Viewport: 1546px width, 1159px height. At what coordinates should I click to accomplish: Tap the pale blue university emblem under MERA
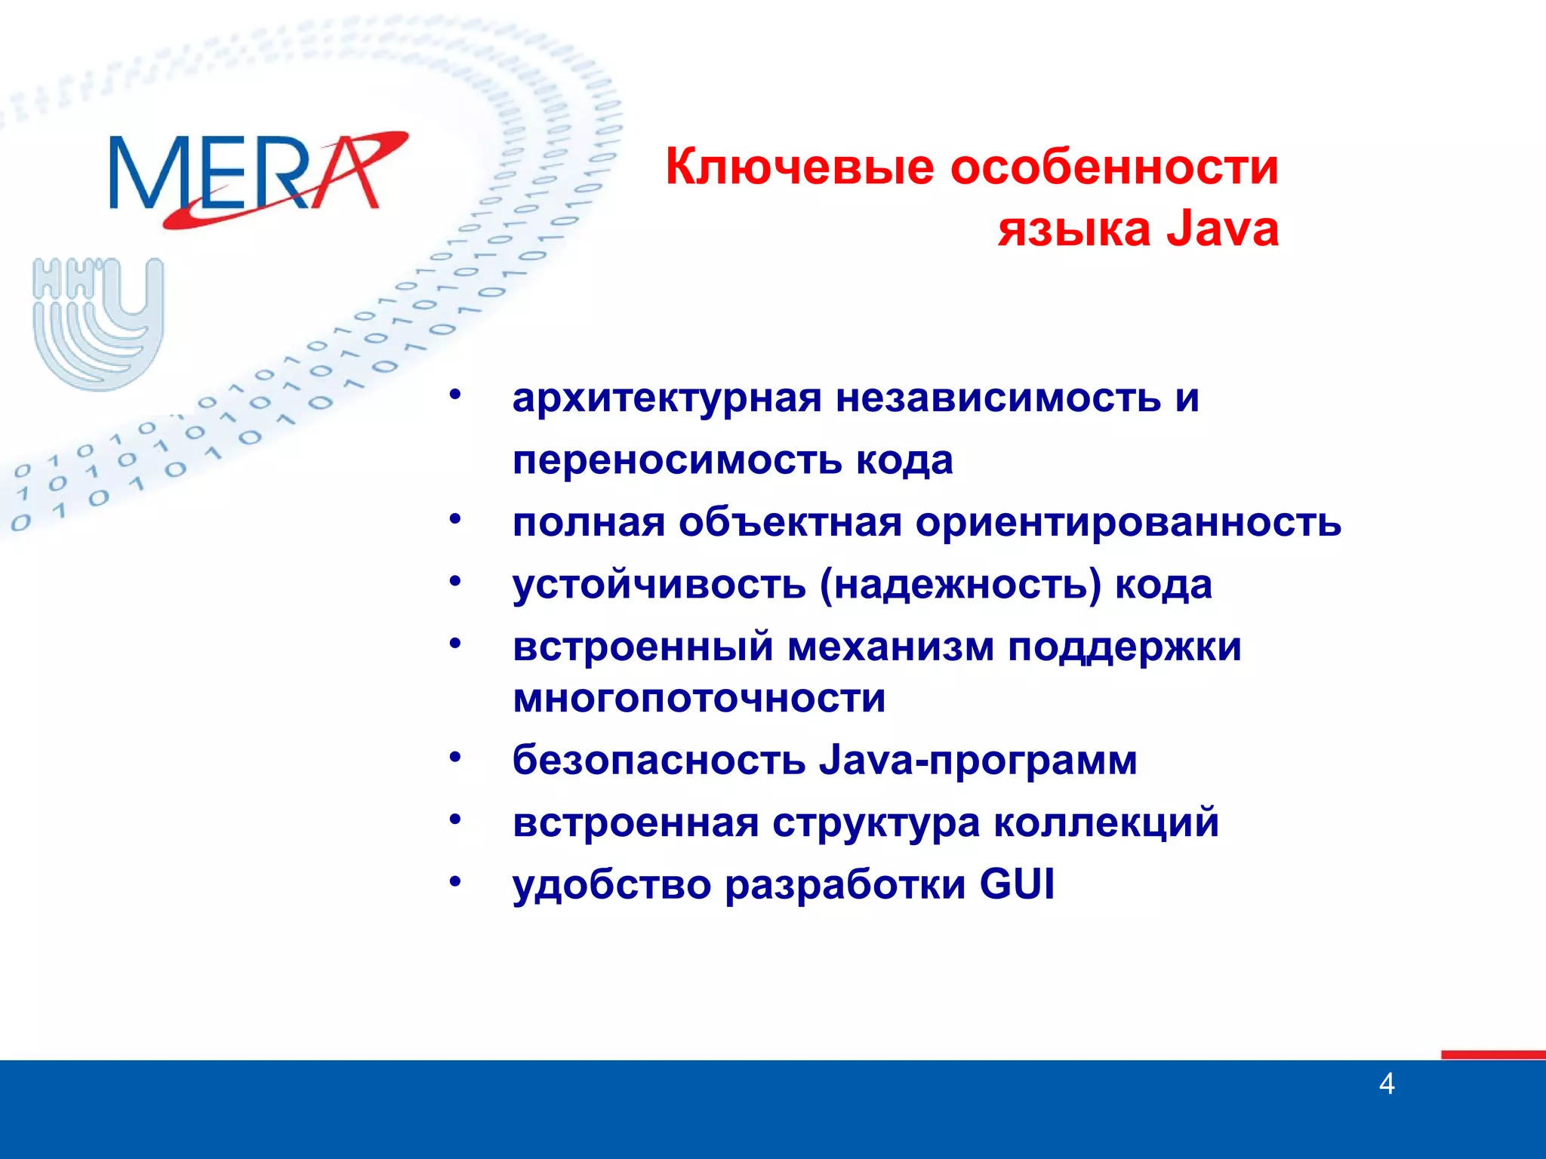pos(98,323)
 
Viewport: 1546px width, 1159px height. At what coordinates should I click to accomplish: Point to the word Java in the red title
pos(1222,229)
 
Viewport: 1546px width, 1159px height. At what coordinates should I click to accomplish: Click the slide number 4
pos(1386,1084)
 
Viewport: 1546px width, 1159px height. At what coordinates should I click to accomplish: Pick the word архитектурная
pos(667,398)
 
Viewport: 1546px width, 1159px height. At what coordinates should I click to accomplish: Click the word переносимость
pos(676,460)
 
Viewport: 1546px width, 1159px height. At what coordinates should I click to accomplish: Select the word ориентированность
pos(1129,522)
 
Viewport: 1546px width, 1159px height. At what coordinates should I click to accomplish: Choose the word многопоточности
pos(699,698)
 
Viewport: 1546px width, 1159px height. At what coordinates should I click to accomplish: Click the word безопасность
pos(658,760)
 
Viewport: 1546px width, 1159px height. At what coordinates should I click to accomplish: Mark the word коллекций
pos(1106,822)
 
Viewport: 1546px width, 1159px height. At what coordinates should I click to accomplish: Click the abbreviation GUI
pos(1017,884)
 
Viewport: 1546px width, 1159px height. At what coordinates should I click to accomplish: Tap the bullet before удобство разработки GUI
pos(454,881)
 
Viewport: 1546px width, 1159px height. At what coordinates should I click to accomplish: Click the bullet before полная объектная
pos(454,518)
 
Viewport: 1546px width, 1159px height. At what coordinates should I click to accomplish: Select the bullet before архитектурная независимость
pos(454,395)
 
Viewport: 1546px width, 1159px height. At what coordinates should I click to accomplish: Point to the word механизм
pos(891,647)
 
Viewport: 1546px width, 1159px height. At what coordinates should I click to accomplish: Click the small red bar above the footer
pos(1492,1055)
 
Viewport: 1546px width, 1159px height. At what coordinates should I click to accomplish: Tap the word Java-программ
pos(978,760)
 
